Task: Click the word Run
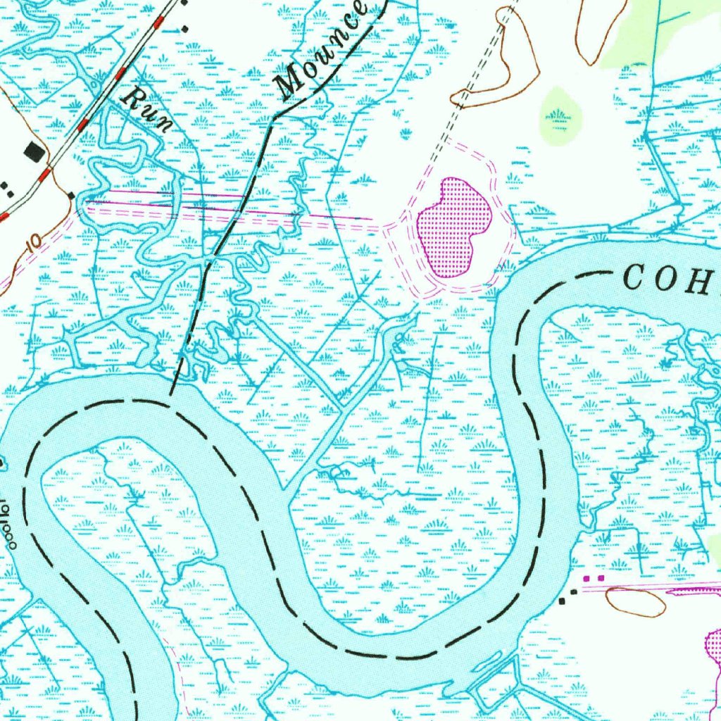pyautogui.click(x=147, y=110)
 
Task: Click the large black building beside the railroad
pyautogui.click(x=33, y=151)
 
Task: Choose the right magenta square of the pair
pyautogui.click(x=601, y=578)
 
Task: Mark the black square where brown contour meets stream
pyautogui.click(x=71, y=195)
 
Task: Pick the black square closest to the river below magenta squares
pyautogui.click(x=562, y=601)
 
